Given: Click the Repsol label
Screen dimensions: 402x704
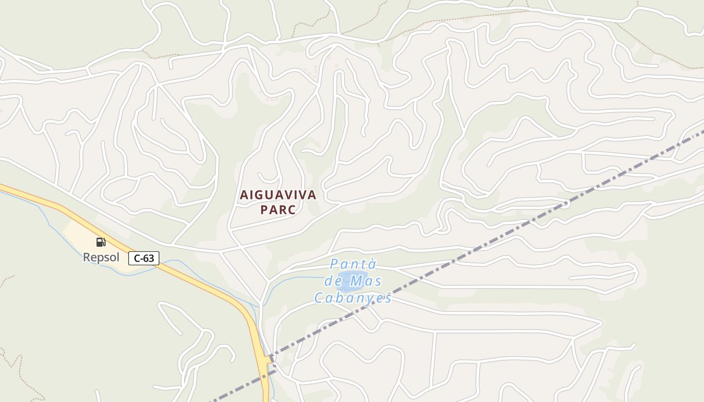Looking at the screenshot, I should (x=101, y=257).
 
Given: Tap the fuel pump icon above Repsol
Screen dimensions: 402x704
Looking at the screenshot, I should (x=101, y=242).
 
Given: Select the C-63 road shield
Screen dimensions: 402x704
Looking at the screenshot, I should (x=144, y=258).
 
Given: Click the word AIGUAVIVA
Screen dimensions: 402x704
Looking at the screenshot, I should (x=278, y=195).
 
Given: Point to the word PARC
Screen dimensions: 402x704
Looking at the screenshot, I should (x=278, y=210).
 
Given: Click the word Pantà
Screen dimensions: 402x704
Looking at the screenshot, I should (x=353, y=264).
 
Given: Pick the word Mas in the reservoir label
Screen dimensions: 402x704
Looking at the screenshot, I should (x=366, y=281).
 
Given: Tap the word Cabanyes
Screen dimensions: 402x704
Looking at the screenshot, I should (x=353, y=298).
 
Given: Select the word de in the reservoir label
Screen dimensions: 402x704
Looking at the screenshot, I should (x=333, y=281).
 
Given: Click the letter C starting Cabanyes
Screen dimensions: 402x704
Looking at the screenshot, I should (x=319, y=298).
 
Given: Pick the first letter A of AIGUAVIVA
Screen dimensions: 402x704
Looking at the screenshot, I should (x=244, y=195).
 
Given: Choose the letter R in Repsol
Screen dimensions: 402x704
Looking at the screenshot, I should (x=86, y=257).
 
